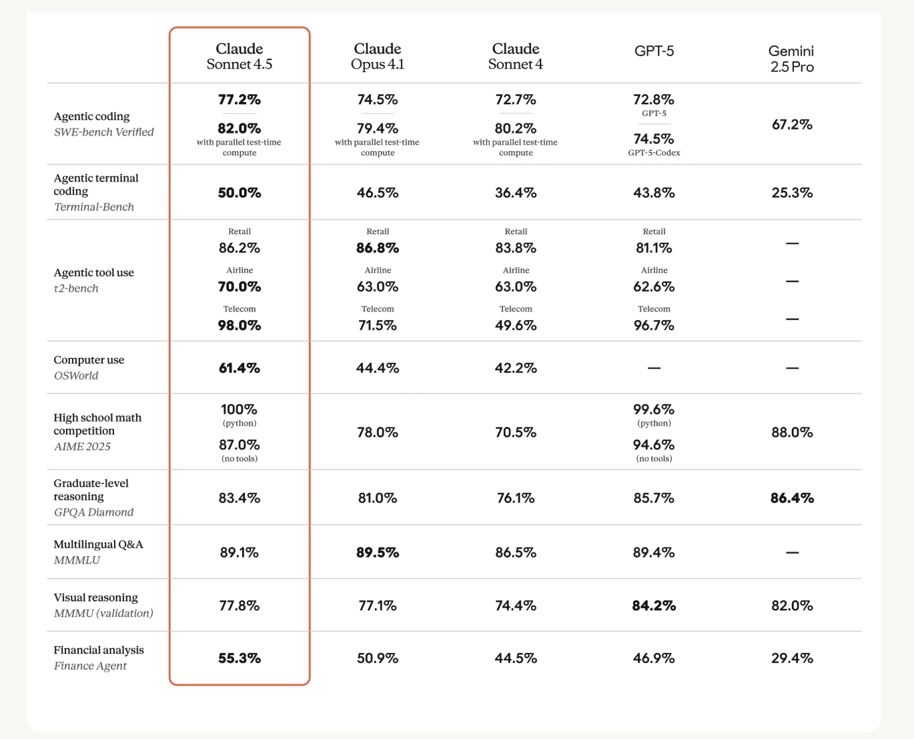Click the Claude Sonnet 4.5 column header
point(240,57)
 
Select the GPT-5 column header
point(654,51)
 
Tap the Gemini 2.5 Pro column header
point(792,59)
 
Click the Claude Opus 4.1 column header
point(378,57)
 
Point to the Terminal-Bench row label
point(94,207)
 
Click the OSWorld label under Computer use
point(76,376)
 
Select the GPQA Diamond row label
point(93,512)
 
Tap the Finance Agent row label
point(90,666)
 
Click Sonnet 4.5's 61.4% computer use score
point(240,368)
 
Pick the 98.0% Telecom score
point(240,325)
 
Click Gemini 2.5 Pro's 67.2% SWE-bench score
point(792,125)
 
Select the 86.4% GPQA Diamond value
point(792,498)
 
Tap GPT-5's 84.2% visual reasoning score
point(654,606)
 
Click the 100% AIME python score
point(240,410)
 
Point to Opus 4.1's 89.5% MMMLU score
point(378,552)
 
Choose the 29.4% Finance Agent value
point(792,658)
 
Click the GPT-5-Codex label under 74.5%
point(654,153)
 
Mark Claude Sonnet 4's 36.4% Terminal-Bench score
point(516,193)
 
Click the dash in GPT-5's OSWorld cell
point(654,368)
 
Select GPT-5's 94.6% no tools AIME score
point(654,445)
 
